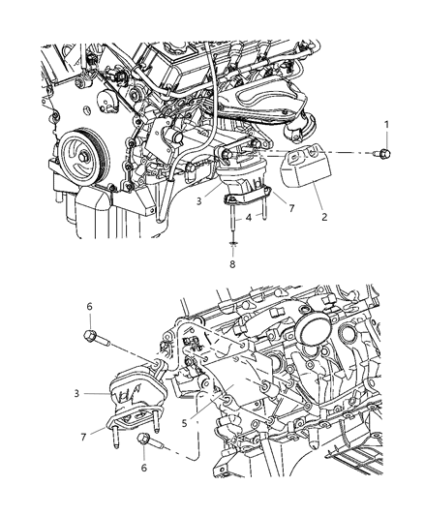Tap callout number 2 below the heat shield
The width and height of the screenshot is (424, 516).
tap(325, 217)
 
